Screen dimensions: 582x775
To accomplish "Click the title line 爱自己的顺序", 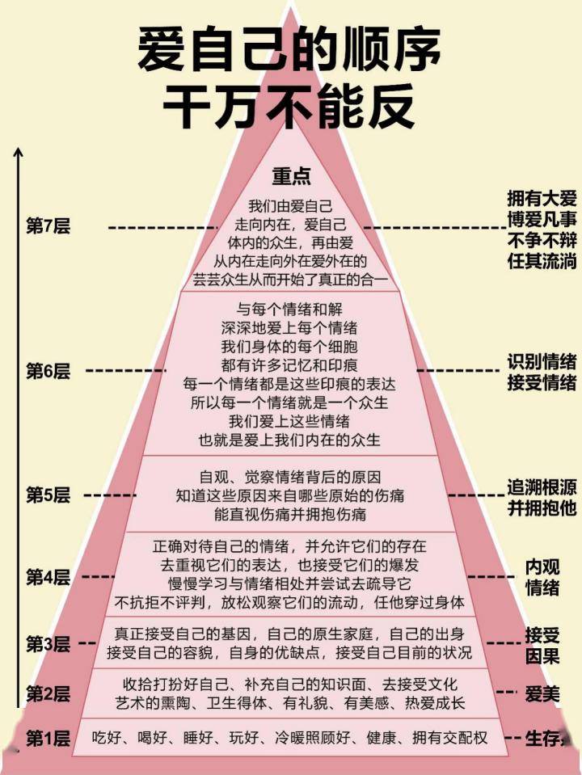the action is click(x=289, y=49).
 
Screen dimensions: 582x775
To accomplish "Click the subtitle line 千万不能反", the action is click(x=289, y=105).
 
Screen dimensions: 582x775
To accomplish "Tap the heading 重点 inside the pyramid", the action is click(x=291, y=175).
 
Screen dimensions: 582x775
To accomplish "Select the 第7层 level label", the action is click(x=48, y=226).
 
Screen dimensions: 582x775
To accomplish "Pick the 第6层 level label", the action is click(x=48, y=371).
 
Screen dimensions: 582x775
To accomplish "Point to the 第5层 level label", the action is click(x=48, y=495).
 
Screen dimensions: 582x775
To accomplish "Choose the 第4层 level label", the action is click(x=48, y=576).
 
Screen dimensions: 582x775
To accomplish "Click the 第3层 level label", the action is click(x=48, y=643).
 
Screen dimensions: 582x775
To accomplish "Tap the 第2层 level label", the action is click(x=48, y=693).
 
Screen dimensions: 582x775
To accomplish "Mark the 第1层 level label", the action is click(x=48, y=739).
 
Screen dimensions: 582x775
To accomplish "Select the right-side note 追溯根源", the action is click(x=542, y=486).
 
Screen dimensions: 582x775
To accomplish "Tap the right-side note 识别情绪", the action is click(x=542, y=362).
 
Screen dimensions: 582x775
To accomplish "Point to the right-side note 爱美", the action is click(x=542, y=694).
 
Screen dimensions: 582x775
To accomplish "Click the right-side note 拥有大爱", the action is click(x=542, y=198).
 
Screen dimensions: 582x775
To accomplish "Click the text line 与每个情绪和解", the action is click(x=289, y=310).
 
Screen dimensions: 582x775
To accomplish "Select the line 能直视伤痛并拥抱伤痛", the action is click(x=290, y=514).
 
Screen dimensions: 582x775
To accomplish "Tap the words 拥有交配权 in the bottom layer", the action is click(x=449, y=738).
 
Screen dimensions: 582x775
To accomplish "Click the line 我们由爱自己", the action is click(x=290, y=205).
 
